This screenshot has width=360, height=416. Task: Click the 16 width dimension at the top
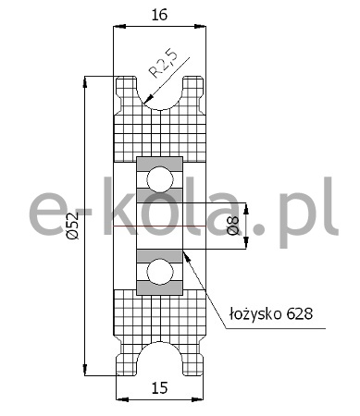[x=159, y=15]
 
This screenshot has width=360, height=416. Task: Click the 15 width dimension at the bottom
[x=159, y=388]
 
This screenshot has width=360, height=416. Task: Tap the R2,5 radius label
[x=164, y=64]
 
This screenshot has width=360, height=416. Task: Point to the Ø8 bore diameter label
[x=235, y=226]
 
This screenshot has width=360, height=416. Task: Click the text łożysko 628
[x=271, y=314]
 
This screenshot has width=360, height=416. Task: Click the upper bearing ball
[x=160, y=179]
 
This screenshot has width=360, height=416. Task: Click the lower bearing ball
[x=160, y=272]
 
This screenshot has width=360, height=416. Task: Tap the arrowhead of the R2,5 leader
[x=147, y=99]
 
